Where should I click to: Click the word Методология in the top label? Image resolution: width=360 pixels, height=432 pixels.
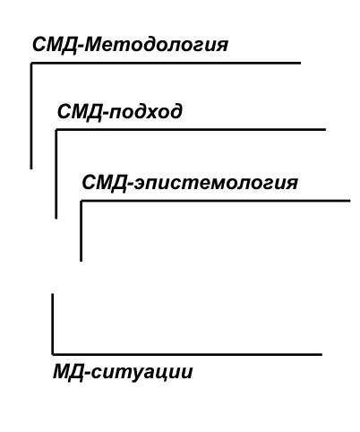point(156,45)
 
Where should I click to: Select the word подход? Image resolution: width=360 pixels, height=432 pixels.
point(145,112)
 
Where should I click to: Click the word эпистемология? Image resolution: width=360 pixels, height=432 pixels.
point(215,183)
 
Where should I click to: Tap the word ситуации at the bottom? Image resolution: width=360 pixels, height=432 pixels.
point(141,372)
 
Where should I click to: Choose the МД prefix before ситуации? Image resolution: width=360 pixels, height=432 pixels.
point(69,373)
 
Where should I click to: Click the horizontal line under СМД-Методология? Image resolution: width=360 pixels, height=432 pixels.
point(166,63)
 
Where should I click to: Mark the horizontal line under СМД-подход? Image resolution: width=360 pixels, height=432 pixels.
point(191,130)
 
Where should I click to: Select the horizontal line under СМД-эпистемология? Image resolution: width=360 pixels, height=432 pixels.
point(215,201)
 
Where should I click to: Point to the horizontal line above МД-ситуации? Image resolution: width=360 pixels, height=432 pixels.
point(187,355)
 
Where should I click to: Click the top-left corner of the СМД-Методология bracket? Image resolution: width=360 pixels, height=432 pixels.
point(31,63)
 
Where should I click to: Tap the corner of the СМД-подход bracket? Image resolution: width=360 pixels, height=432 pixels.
point(56,130)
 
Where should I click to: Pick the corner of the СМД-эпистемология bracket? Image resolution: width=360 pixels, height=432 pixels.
point(81,201)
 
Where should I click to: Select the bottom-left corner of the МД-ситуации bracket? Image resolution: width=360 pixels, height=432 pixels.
point(53,355)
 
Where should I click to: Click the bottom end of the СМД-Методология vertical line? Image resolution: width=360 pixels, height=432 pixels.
point(31,169)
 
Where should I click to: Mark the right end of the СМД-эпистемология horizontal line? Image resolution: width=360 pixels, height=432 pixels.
point(350,201)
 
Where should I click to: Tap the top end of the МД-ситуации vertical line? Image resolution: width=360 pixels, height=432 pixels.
point(53,294)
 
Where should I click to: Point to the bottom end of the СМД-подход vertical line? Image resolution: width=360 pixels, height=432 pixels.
point(56,219)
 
